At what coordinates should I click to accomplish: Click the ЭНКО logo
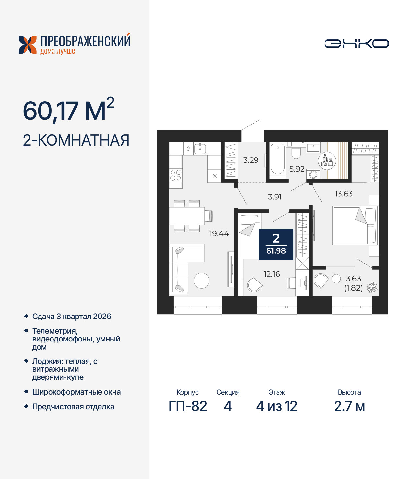pos(356,43)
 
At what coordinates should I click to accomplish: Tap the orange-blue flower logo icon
pos(28,45)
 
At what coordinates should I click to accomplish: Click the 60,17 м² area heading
pos(68,110)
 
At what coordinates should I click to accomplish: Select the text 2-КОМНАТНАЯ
pos(76,140)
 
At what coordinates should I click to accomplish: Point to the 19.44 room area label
pos(219,234)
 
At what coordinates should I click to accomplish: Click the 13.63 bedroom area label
pos(343,194)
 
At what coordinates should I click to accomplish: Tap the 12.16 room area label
pos(272,274)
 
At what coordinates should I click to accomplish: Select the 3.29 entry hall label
pos(251,160)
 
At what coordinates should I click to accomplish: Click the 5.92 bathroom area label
pos(297,169)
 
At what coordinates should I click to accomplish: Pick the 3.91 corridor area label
pos(275,197)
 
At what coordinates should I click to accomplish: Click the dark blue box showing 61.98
pos(276,245)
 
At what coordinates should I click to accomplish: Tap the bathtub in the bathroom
pos(278,160)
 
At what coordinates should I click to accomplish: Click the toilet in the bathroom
pos(296,152)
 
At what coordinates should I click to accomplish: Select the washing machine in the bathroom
pos(313,174)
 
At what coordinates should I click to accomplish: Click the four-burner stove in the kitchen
pos(176,175)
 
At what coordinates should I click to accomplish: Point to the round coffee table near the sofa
pos(201,281)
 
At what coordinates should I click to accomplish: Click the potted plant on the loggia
pos(372,287)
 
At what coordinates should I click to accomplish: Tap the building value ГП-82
pos(188,406)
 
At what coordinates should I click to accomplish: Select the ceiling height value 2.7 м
pos(349,406)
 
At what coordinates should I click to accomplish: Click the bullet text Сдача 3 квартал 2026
pos(72,317)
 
